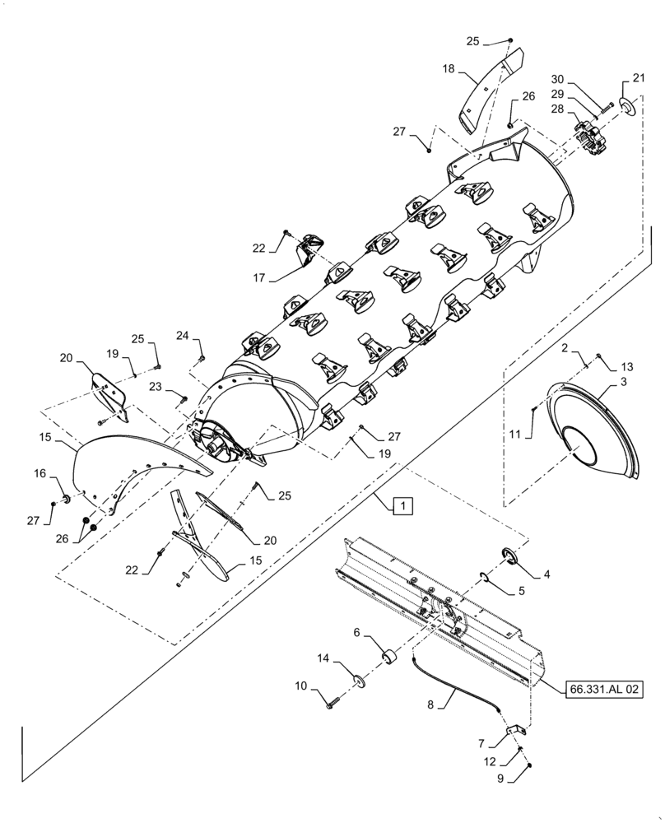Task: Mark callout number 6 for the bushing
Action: (x=356, y=632)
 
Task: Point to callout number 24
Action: (x=183, y=336)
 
